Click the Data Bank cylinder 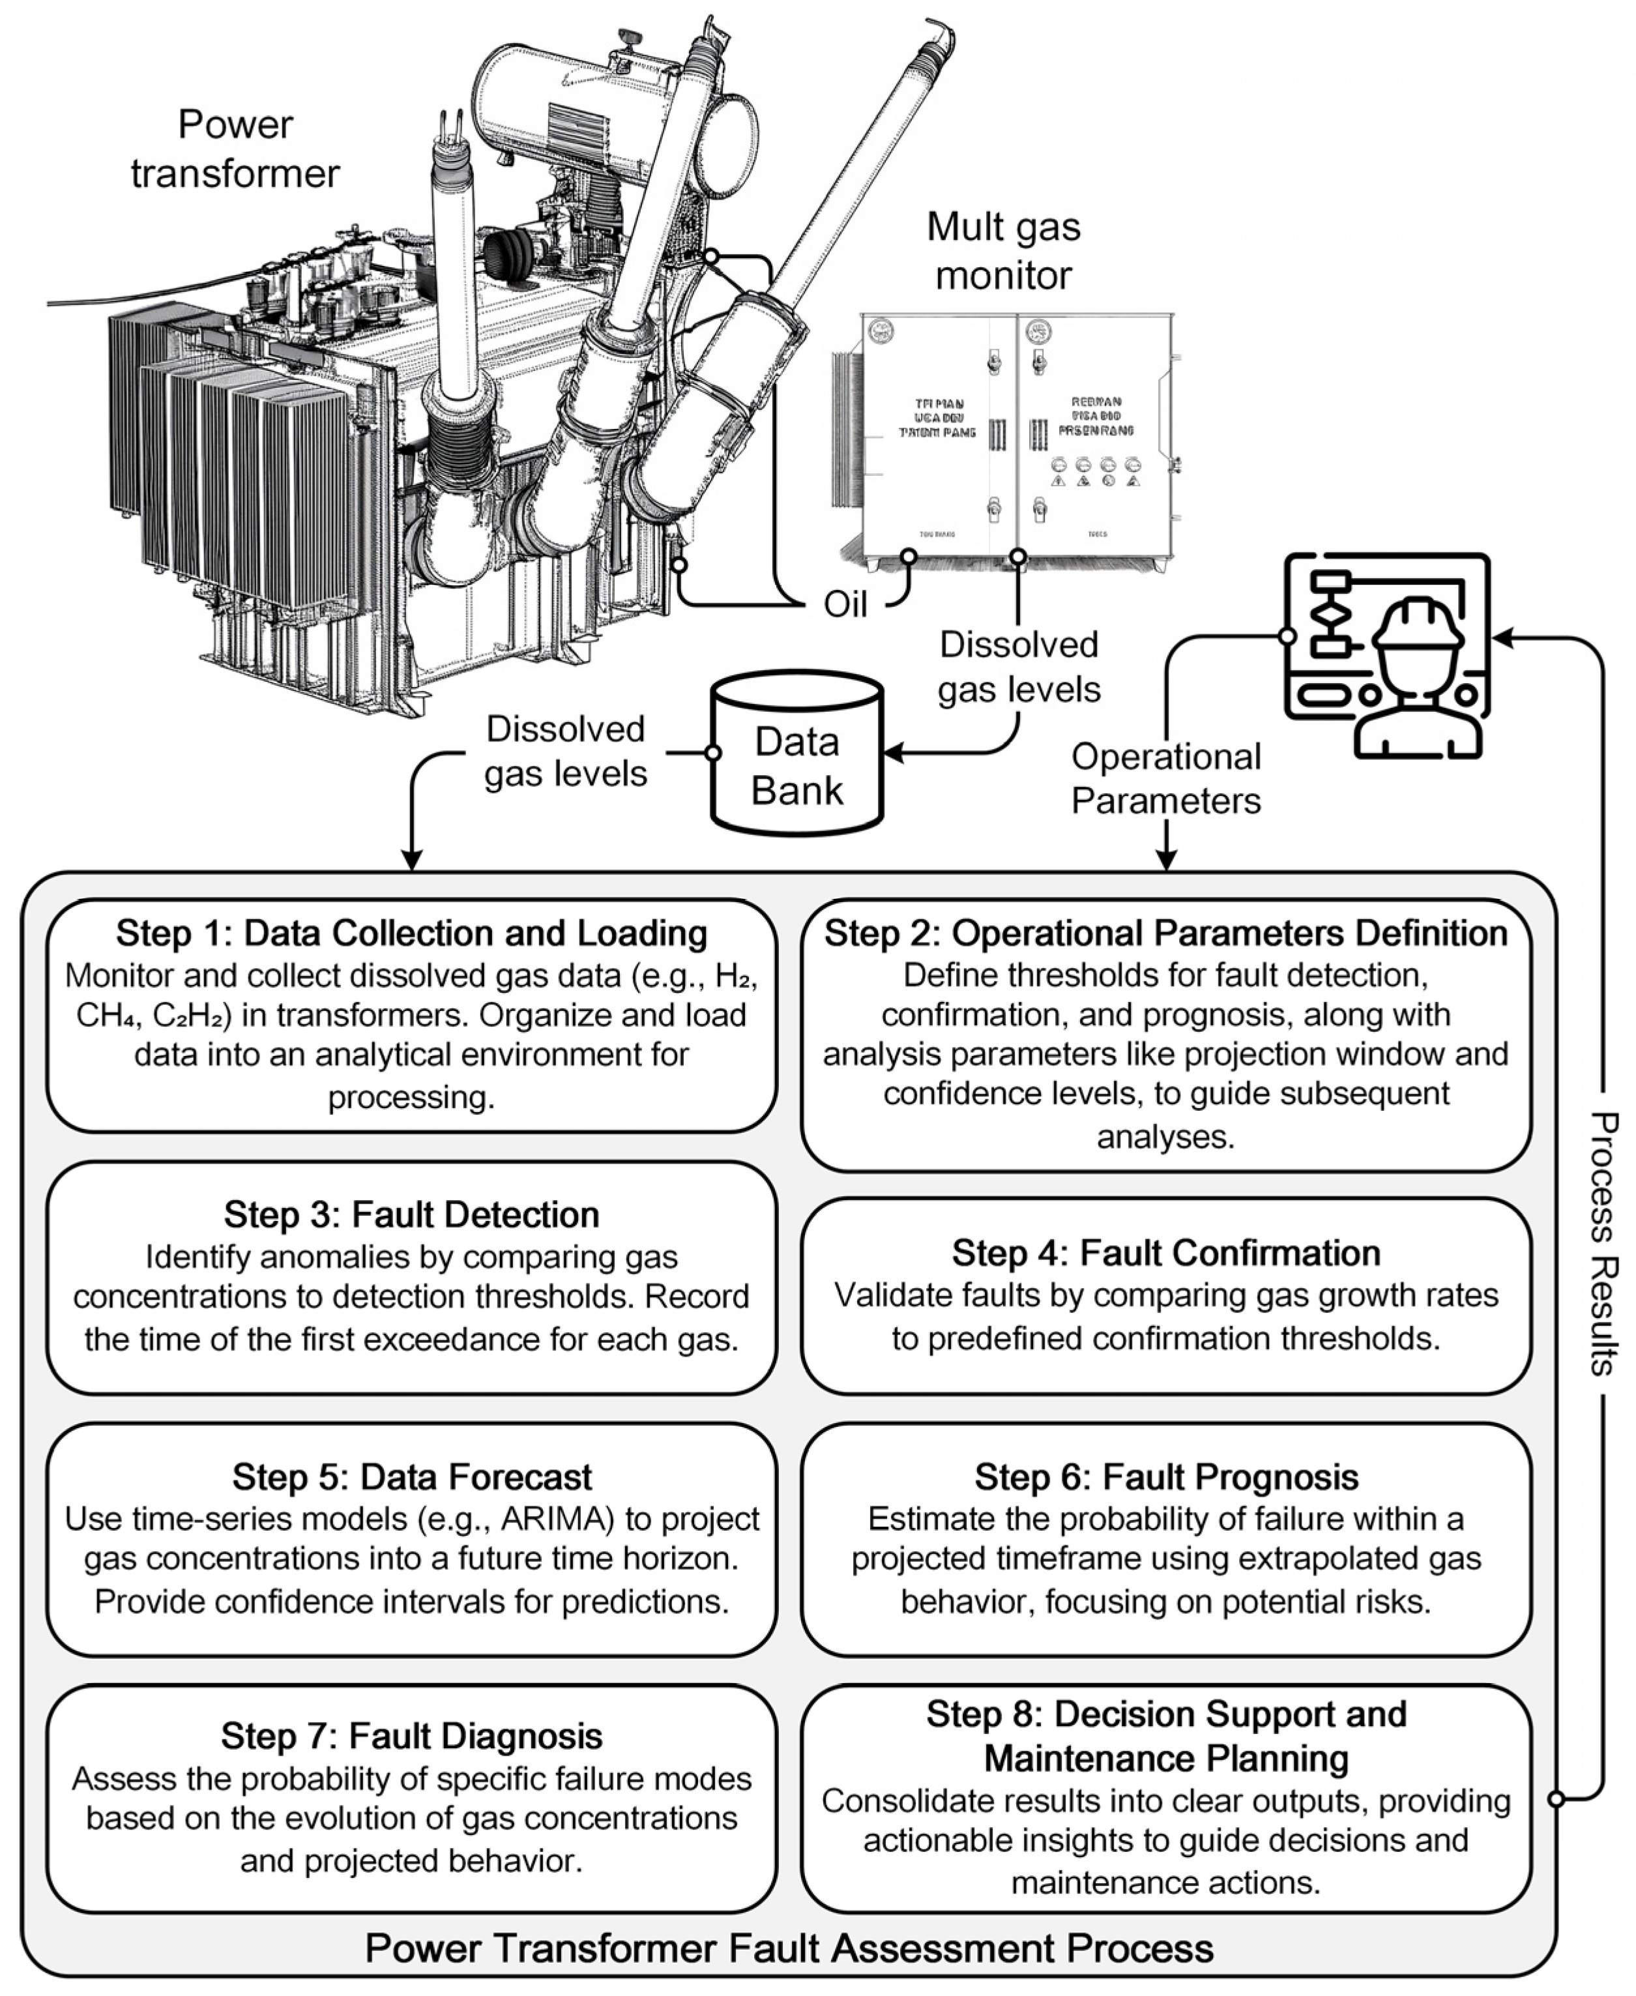(x=797, y=754)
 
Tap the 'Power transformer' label (x=235, y=149)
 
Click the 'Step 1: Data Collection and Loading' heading (x=412, y=933)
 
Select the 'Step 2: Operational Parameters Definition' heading (x=1166, y=933)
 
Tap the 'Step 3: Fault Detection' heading (x=412, y=1215)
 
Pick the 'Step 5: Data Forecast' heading (x=412, y=1476)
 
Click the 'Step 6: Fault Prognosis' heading (x=1166, y=1476)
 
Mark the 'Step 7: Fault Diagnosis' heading (x=412, y=1736)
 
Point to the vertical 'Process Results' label (x=1603, y=1243)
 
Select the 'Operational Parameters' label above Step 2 (x=1166, y=778)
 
